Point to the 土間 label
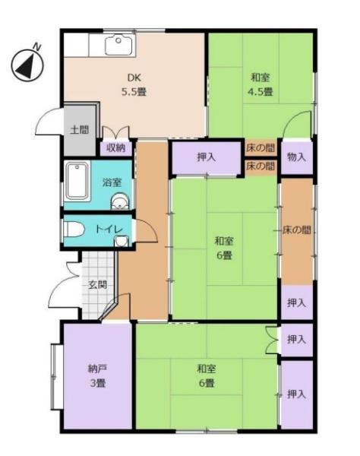(79, 129)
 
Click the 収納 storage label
(115, 147)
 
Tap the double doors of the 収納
(115, 131)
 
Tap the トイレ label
(109, 228)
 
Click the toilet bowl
(74, 228)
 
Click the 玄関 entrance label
(96, 285)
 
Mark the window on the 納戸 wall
(53, 374)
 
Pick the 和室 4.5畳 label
(261, 84)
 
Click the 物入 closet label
(297, 157)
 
